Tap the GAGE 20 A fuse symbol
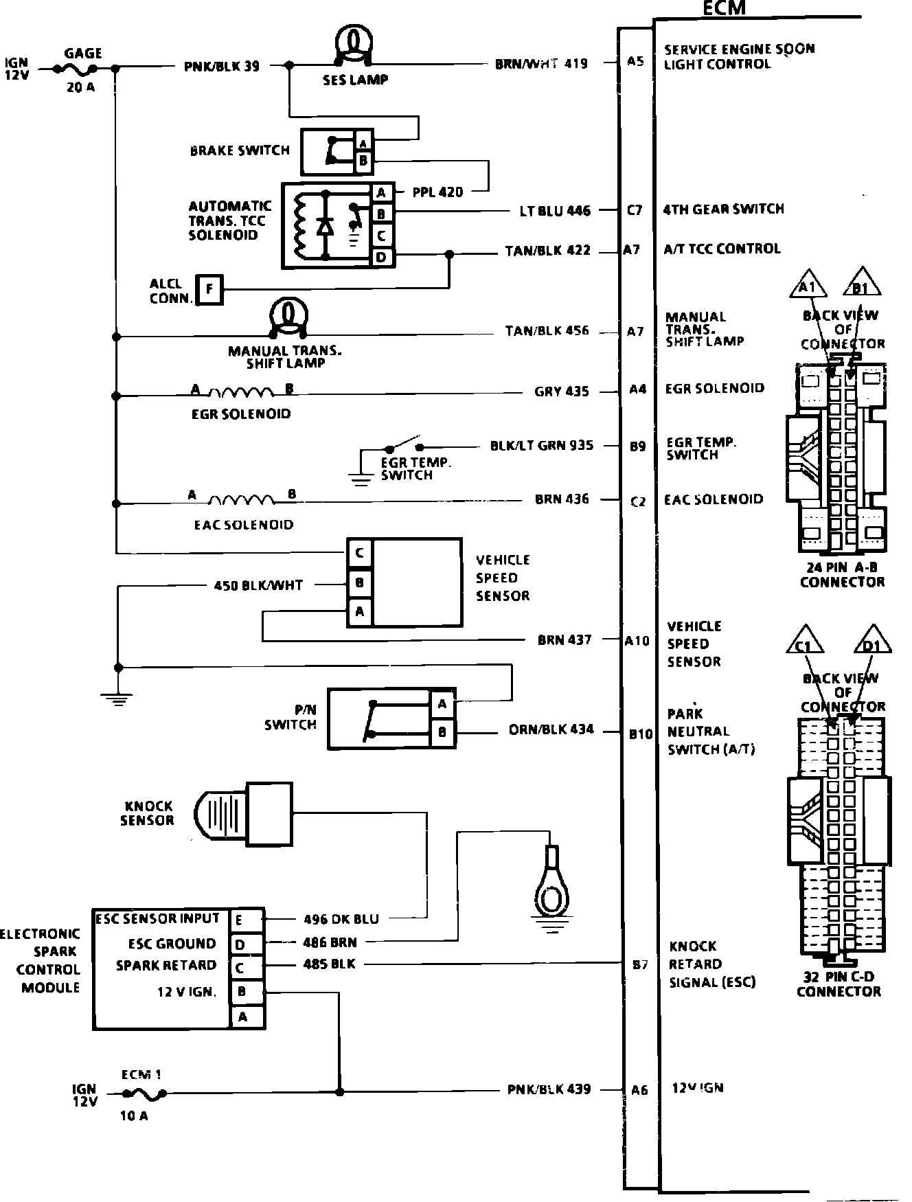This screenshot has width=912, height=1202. (x=80, y=69)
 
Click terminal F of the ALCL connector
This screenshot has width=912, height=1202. (x=209, y=290)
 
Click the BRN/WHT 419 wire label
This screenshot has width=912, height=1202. (x=541, y=64)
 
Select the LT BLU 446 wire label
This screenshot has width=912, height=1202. (x=555, y=211)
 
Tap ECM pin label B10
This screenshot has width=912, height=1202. (x=640, y=734)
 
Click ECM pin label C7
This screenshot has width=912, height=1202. (x=635, y=210)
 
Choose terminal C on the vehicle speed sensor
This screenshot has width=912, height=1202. (x=360, y=553)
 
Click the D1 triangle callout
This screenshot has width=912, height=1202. (x=872, y=641)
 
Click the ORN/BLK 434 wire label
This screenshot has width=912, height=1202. (x=551, y=729)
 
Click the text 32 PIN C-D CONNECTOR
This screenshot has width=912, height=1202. (x=838, y=984)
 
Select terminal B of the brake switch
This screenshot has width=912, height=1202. (x=363, y=162)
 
